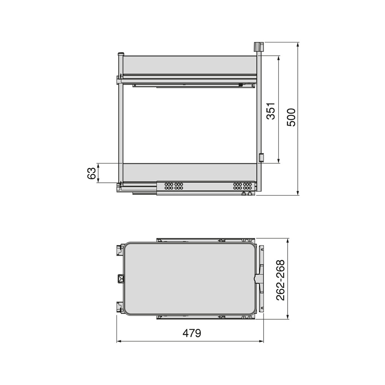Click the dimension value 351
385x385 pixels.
click(271, 111)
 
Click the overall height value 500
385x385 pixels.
click(291, 117)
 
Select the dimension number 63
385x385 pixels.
click(91, 173)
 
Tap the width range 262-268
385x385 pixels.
click(281, 280)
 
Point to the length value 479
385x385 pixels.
click(192, 333)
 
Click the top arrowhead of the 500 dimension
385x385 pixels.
click(298, 45)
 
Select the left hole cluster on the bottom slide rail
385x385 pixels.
click(173, 186)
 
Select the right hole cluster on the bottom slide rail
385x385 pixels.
click(242, 186)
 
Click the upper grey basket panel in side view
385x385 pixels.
click(190, 65)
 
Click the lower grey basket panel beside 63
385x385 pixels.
click(190, 173)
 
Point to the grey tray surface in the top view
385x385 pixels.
click(190, 279)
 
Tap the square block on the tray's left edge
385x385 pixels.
click(121, 279)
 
